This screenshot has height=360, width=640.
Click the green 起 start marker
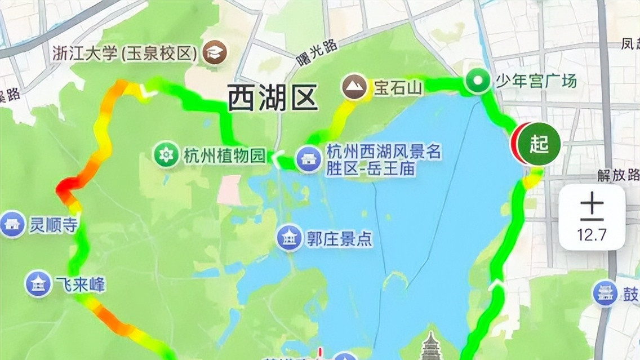539,144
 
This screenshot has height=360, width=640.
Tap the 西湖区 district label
273,99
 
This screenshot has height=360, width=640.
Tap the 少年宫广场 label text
536,82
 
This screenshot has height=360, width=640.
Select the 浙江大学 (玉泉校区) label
125,53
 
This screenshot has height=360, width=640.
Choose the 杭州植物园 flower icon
167,154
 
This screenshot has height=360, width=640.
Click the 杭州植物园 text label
224,155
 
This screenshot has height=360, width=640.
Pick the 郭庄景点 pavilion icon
290,238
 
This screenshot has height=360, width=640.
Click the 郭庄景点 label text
340,239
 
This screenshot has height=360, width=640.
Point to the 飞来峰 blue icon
39,284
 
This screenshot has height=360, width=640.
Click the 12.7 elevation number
592,234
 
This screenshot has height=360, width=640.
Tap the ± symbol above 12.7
592,207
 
